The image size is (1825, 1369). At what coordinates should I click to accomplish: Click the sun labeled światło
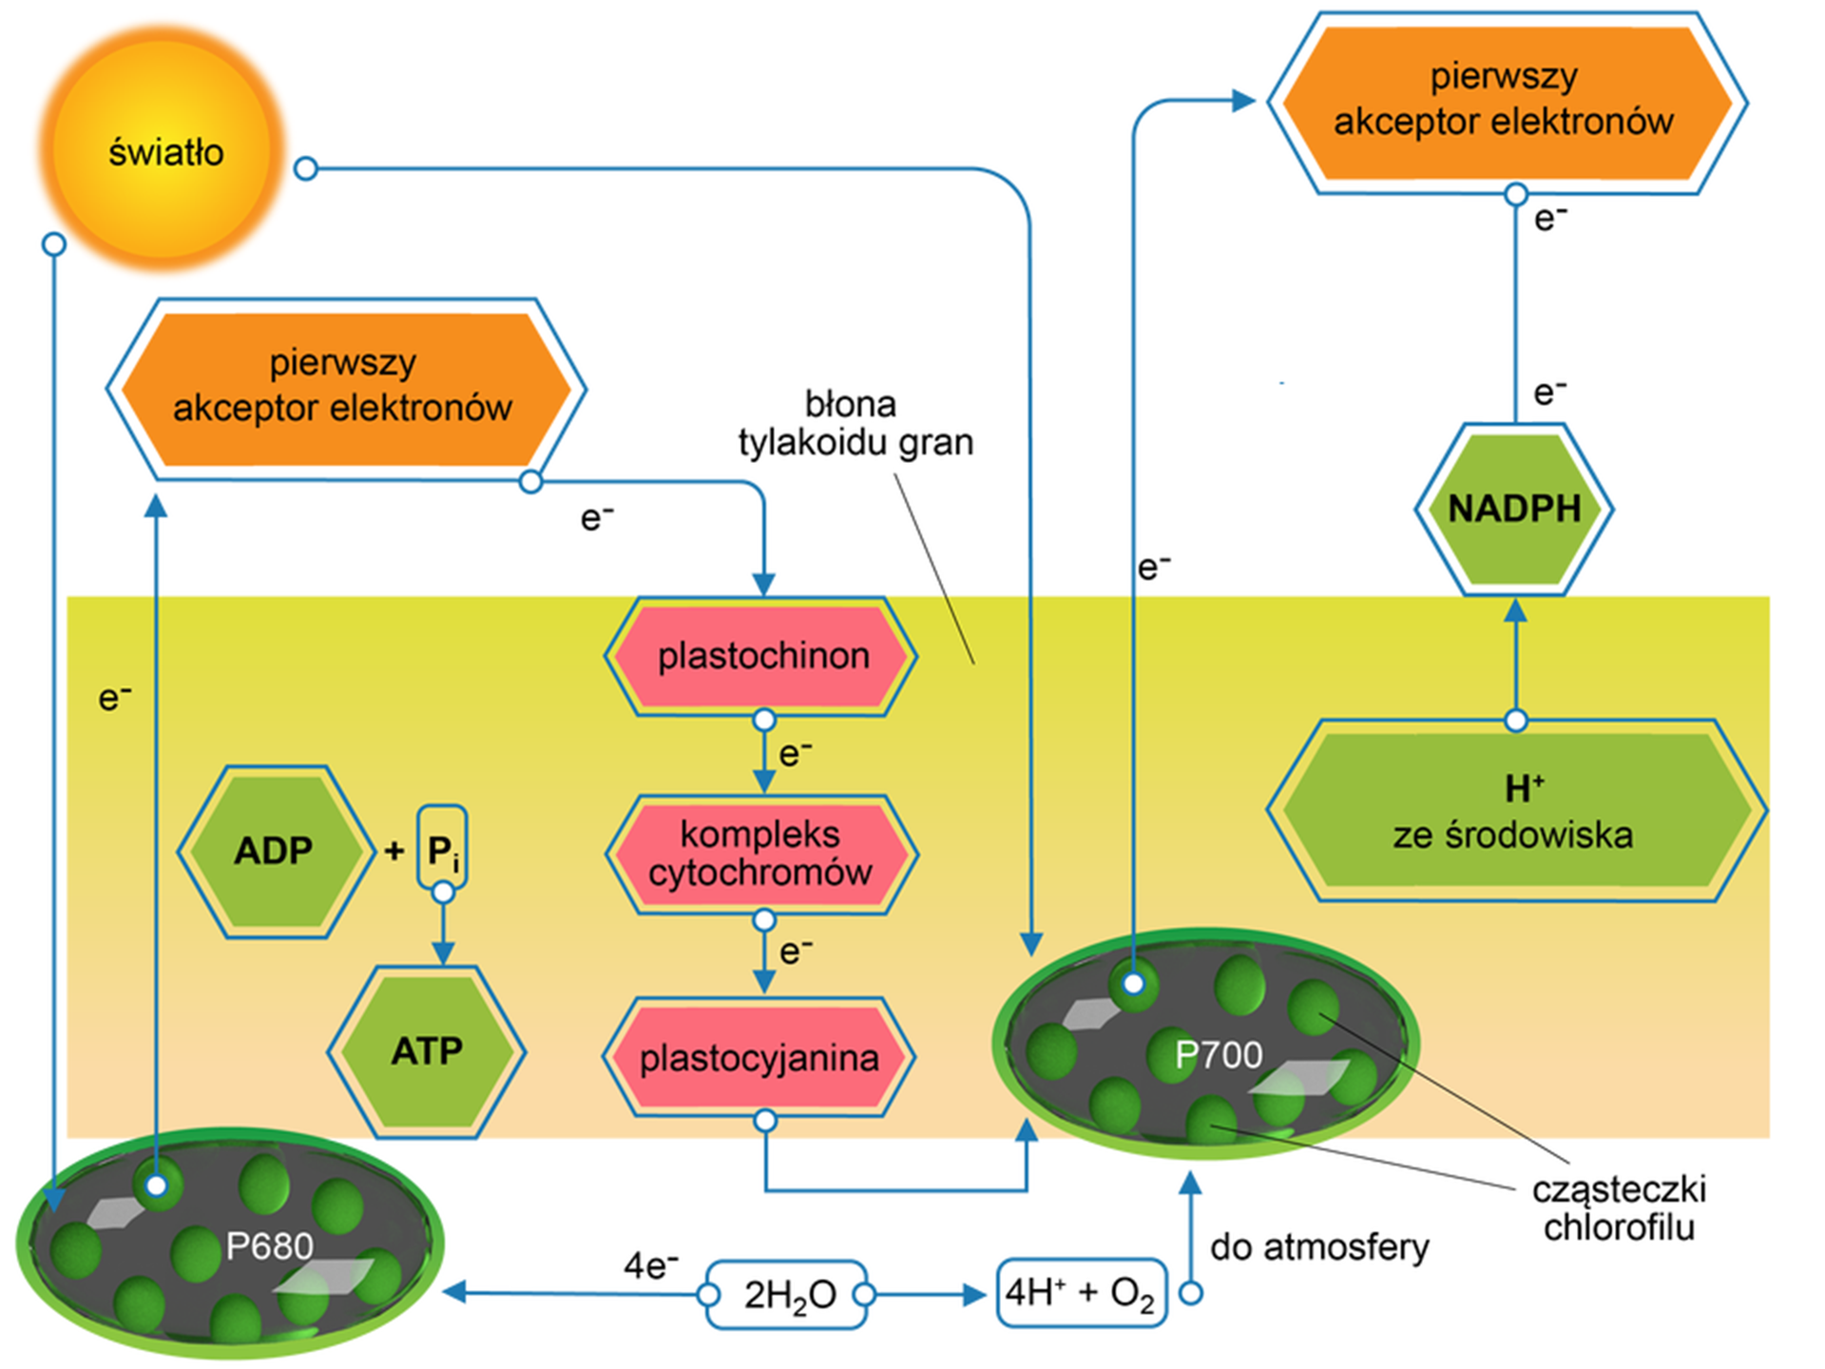[163, 150]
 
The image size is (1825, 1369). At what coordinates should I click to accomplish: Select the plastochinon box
[762, 656]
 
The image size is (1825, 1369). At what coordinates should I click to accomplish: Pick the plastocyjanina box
[759, 1057]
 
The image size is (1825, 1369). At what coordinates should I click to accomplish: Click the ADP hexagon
[275, 851]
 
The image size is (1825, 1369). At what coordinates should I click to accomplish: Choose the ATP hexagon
[427, 1051]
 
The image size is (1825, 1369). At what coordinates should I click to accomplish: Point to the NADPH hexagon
[1514, 509]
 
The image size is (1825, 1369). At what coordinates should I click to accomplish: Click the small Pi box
[442, 849]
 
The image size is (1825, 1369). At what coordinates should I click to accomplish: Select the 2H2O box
[788, 1294]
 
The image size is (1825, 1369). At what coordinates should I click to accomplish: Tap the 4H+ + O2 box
[1081, 1293]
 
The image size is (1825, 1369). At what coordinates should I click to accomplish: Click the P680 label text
[269, 1245]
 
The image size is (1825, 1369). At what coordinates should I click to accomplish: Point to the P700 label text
[1219, 1054]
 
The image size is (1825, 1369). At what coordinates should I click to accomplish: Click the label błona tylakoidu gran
[855, 423]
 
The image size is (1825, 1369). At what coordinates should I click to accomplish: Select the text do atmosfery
[1319, 1246]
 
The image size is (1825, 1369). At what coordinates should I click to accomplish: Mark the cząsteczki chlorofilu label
[1619, 1207]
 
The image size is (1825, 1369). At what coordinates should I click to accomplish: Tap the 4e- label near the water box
[650, 1265]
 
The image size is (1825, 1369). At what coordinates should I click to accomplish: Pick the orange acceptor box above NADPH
[1506, 102]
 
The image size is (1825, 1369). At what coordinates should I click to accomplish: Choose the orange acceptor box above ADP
[344, 388]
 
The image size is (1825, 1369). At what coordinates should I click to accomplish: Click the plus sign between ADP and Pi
[394, 850]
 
